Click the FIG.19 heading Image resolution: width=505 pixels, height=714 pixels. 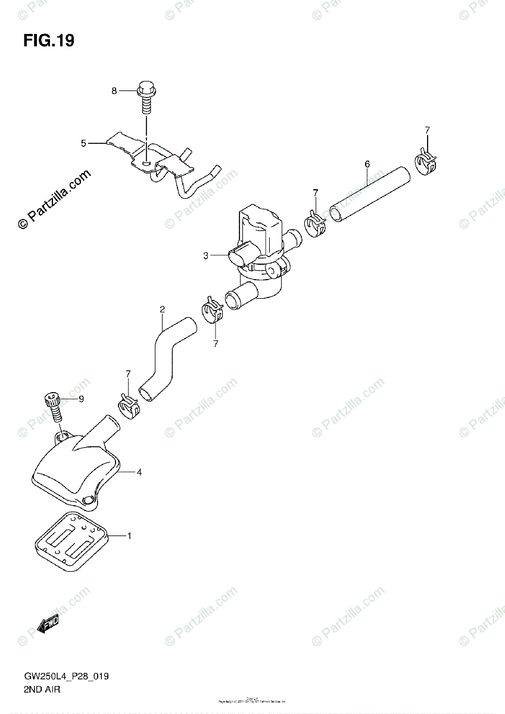click(49, 40)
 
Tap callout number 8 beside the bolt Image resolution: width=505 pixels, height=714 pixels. click(114, 90)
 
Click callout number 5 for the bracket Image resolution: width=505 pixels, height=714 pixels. click(84, 143)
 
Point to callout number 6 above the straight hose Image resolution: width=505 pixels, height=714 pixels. click(367, 163)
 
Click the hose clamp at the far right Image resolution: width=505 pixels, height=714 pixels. click(426, 162)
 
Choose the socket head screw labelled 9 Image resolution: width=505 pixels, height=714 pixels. click(53, 406)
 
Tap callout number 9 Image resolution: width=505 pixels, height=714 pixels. click(82, 399)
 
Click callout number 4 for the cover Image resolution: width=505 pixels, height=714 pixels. click(139, 472)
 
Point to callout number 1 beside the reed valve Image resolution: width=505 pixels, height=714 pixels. click(129, 536)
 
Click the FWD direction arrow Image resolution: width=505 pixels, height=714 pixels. click(48, 622)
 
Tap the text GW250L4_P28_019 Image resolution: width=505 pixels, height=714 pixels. click(66, 678)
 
